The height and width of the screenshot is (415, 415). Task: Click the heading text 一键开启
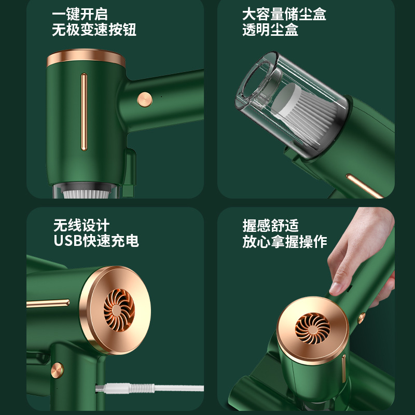pos(80,14)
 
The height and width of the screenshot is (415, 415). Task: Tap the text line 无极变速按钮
pos(94,30)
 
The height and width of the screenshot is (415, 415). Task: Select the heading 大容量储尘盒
pos(284,14)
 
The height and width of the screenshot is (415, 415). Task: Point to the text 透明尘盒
pos(270,30)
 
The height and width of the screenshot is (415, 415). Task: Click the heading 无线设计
pos(81,225)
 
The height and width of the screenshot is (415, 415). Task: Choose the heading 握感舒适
pos(270,226)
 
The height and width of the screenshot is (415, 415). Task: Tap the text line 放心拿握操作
pos(284,242)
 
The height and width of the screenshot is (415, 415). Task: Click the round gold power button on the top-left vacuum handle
pos(145,100)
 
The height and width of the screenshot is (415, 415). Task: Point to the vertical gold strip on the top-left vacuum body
pos(84,112)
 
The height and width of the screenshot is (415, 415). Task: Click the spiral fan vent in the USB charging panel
pos(119,310)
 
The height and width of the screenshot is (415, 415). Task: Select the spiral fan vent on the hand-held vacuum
pos(313,328)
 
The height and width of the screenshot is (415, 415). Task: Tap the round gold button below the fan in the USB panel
pos(57,370)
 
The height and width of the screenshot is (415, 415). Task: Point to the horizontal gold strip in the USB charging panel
pos(48,303)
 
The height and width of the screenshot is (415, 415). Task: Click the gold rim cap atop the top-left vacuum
pos(86,58)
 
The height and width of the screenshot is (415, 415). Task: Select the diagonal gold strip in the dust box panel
pos(365,186)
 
